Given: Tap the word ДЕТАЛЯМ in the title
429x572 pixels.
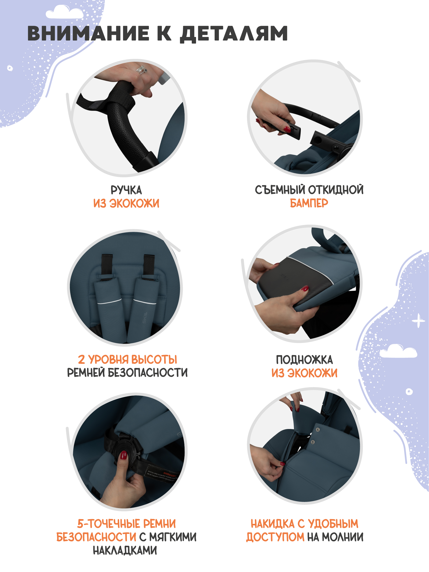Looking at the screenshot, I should click(234, 33).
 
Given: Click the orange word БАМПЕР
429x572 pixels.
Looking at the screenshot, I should click(309, 203).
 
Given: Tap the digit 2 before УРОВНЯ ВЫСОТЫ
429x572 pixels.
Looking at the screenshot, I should click(81, 360).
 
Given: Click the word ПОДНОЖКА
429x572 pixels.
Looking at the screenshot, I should click(304, 360).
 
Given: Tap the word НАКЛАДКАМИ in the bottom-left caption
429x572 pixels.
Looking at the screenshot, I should click(125, 551).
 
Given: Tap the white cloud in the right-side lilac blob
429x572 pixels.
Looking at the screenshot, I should click(398, 351).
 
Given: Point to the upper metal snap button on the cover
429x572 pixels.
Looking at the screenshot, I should click(318, 429).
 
